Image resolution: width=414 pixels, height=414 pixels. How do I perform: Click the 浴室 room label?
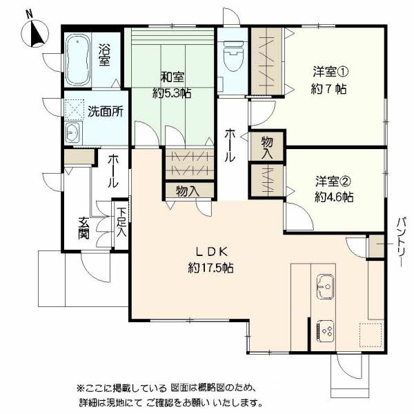[x=105, y=56]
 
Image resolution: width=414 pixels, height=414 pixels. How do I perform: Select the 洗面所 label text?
[x=105, y=111]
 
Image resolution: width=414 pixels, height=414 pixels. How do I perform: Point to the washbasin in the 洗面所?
[x=72, y=133]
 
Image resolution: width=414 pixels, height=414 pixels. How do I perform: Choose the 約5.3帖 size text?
[x=172, y=93]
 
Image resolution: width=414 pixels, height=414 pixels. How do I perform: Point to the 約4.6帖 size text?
[x=334, y=197]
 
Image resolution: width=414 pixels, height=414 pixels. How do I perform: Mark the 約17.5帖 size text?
[x=210, y=268]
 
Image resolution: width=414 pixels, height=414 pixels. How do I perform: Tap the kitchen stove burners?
[x=325, y=331]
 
